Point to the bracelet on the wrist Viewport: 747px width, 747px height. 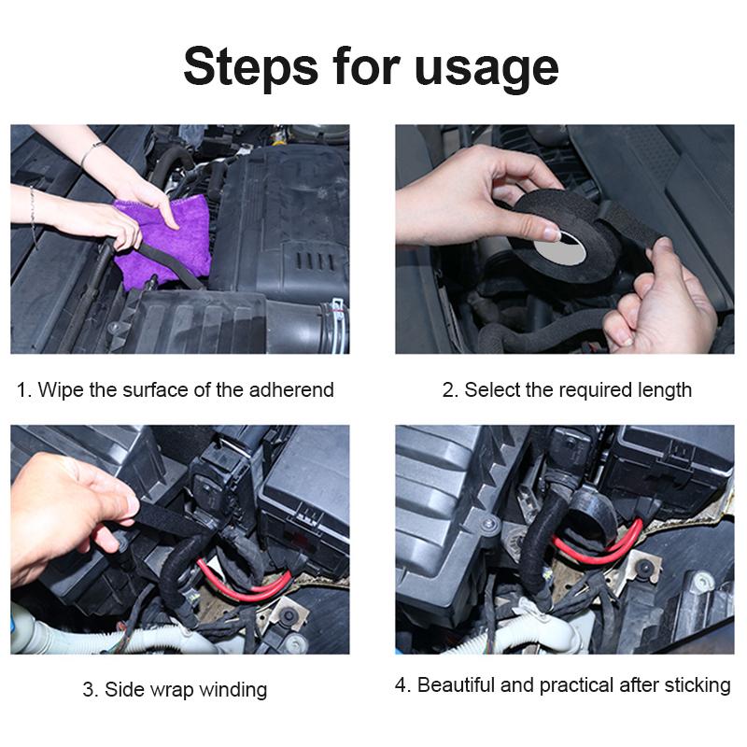[91, 152]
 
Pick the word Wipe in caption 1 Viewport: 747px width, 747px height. [60, 389]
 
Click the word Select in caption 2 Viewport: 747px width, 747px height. [491, 389]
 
